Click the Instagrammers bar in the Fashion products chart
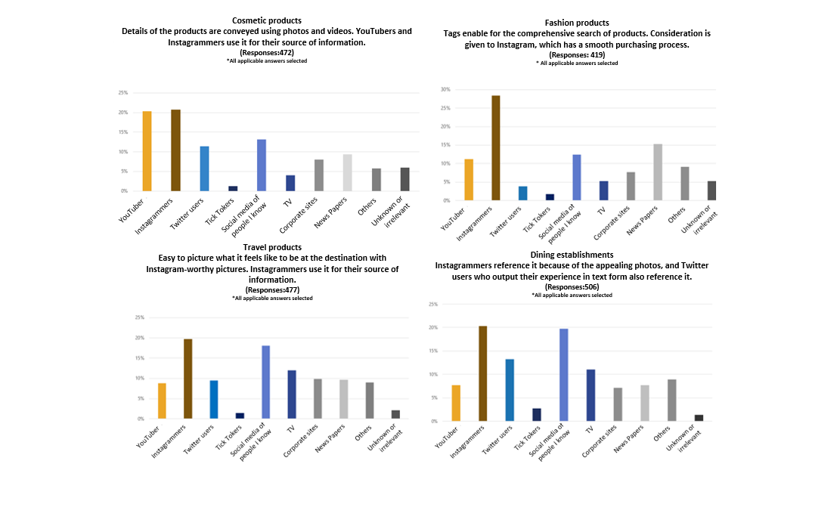pos(496,148)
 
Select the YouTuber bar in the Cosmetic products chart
pos(147,151)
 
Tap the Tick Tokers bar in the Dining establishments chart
pos(536,414)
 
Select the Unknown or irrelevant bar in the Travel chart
pos(395,414)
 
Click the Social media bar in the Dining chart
pos(563,375)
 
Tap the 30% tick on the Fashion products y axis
pos(445,89)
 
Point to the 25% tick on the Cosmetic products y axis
pos(122,93)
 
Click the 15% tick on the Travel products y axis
pos(139,357)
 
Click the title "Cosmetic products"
pos(268,20)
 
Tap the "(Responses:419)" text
pos(577,55)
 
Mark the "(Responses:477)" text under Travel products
pos(272,290)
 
